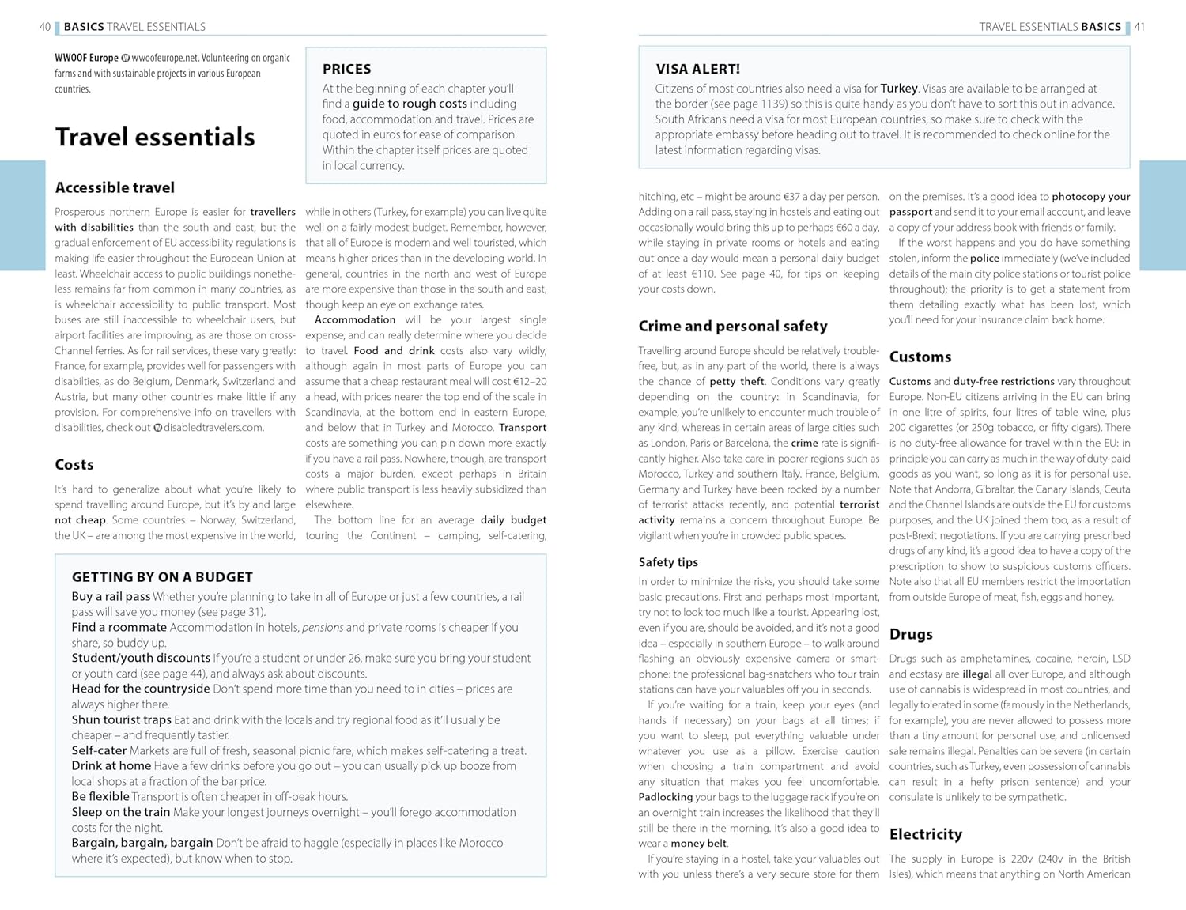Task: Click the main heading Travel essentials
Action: (x=155, y=138)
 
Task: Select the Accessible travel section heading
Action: (x=115, y=187)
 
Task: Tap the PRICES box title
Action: (x=346, y=69)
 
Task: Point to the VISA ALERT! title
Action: (x=697, y=69)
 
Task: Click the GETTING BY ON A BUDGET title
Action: (x=162, y=577)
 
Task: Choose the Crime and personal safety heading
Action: (x=733, y=326)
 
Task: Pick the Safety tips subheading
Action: (x=668, y=562)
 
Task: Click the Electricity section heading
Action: (x=925, y=834)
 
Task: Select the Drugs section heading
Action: (x=911, y=634)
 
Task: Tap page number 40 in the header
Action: (x=45, y=27)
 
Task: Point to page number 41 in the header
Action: (x=1139, y=27)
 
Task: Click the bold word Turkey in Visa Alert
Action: (x=899, y=89)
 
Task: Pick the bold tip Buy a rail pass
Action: (x=111, y=597)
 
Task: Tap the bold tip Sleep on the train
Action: (x=121, y=812)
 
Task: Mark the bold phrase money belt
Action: (x=699, y=844)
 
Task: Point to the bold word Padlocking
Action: (x=665, y=797)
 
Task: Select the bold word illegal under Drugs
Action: (x=976, y=674)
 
